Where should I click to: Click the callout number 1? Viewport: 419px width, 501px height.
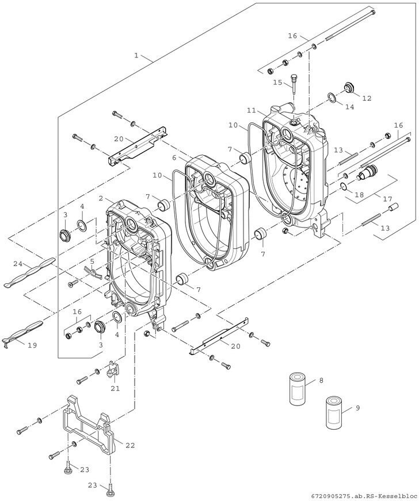[136, 55]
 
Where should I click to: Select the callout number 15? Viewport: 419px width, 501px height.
[277, 82]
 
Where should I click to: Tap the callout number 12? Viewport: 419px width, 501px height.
[367, 98]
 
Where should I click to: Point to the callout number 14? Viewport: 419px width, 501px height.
[350, 107]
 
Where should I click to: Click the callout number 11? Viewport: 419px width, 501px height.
[252, 110]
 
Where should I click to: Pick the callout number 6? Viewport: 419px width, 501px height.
[174, 157]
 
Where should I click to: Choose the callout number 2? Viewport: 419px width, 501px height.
[101, 198]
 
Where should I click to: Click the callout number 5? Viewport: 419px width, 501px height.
[92, 261]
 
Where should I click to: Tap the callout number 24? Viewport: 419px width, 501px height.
[18, 264]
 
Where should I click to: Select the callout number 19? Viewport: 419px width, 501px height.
[32, 345]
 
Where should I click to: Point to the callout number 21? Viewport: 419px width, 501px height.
[115, 388]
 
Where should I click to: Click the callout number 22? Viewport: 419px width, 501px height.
[130, 445]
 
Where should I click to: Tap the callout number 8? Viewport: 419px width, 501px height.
[321, 380]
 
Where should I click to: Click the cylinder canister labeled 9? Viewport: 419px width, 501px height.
[334, 413]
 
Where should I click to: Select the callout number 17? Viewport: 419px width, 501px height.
[387, 199]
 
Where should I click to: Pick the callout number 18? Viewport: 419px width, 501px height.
[360, 194]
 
